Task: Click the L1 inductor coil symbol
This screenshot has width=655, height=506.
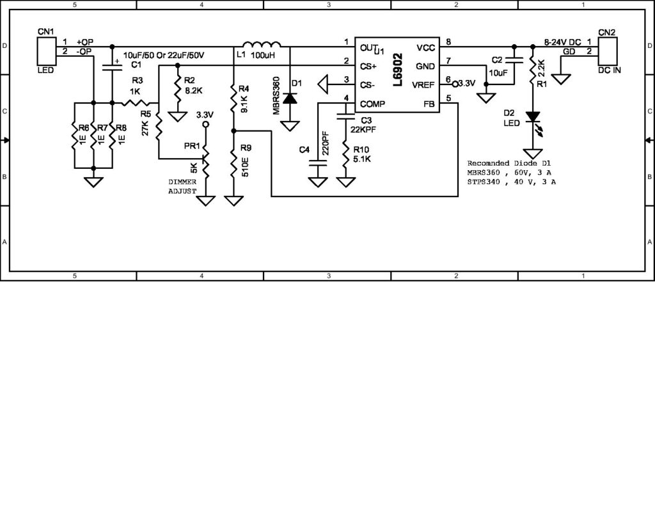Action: (262, 45)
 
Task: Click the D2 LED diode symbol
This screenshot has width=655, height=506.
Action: (532, 118)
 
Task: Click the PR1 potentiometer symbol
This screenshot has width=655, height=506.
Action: (205, 158)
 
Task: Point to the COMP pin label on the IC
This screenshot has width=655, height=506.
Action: (373, 104)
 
